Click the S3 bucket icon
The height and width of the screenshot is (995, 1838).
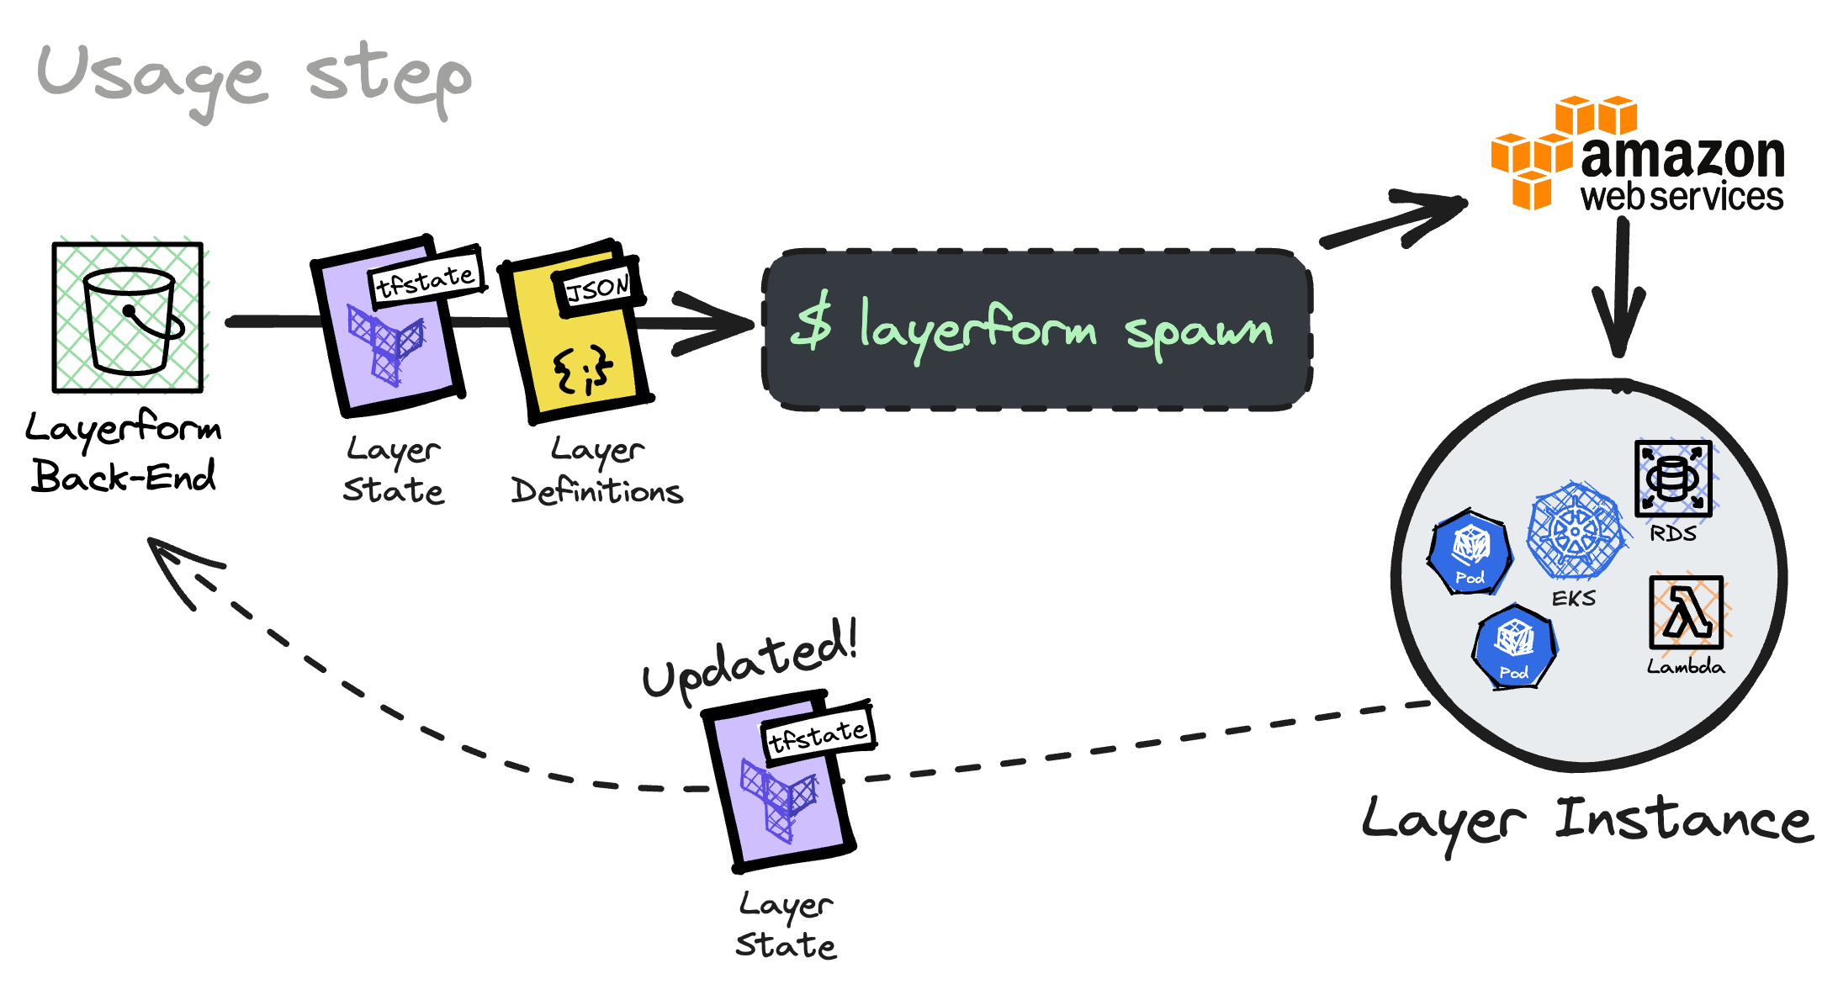coord(128,317)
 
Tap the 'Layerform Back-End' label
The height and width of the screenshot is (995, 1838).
coord(124,453)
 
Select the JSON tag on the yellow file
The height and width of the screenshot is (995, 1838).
coord(598,288)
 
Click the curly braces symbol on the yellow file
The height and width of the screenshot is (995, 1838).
coord(582,369)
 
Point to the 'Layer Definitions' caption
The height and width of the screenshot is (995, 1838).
coord(597,470)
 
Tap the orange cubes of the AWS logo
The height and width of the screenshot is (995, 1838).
coord(1563,151)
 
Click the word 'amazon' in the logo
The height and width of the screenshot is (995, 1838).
coord(1682,156)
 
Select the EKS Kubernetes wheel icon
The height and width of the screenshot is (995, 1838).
coord(1576,531)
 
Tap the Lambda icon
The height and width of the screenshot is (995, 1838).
coord(1687,612)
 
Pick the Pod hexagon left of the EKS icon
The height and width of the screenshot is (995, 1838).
coord(1470,552)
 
